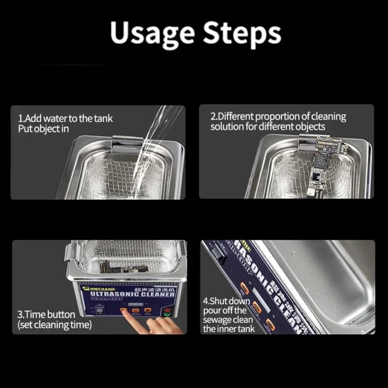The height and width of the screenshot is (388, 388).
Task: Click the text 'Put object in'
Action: [43, 129]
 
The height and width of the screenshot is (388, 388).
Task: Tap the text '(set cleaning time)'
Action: [54, 325]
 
